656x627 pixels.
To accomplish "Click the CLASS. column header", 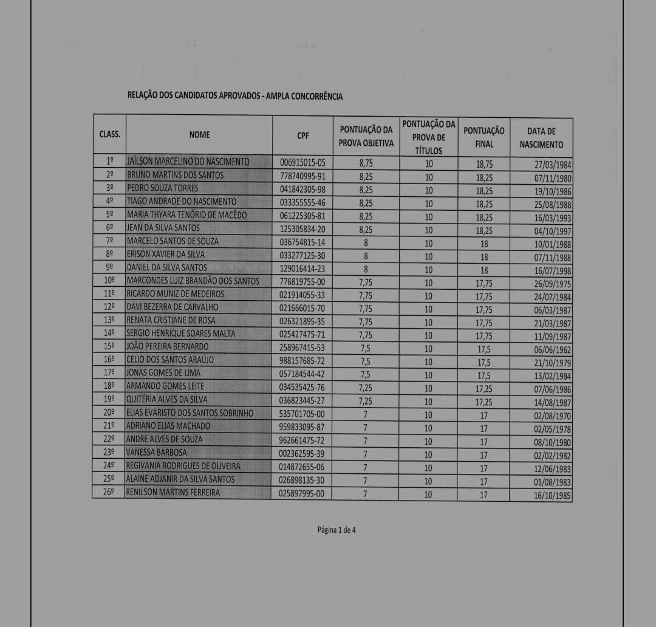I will [110, 135].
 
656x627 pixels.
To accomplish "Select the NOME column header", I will [199, 135].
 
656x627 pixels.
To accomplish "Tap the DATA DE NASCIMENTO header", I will [541, 138].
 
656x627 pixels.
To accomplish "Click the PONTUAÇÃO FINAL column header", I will [484, 137].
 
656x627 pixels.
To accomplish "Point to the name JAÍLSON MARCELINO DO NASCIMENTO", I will [188, 162].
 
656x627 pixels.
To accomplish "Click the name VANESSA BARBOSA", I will [157, 453].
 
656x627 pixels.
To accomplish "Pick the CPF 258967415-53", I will [302, 348].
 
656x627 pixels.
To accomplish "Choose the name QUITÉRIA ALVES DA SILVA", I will [167, 400].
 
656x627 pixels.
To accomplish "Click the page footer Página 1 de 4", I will [337, 530].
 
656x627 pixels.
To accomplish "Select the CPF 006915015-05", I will [302, 163].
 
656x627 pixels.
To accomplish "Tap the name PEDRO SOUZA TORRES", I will [163, 188].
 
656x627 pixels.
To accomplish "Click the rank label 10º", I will [109, 281].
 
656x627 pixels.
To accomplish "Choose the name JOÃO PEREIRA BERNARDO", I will [167, 347].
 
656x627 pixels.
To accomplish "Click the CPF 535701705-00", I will [302, 414].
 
